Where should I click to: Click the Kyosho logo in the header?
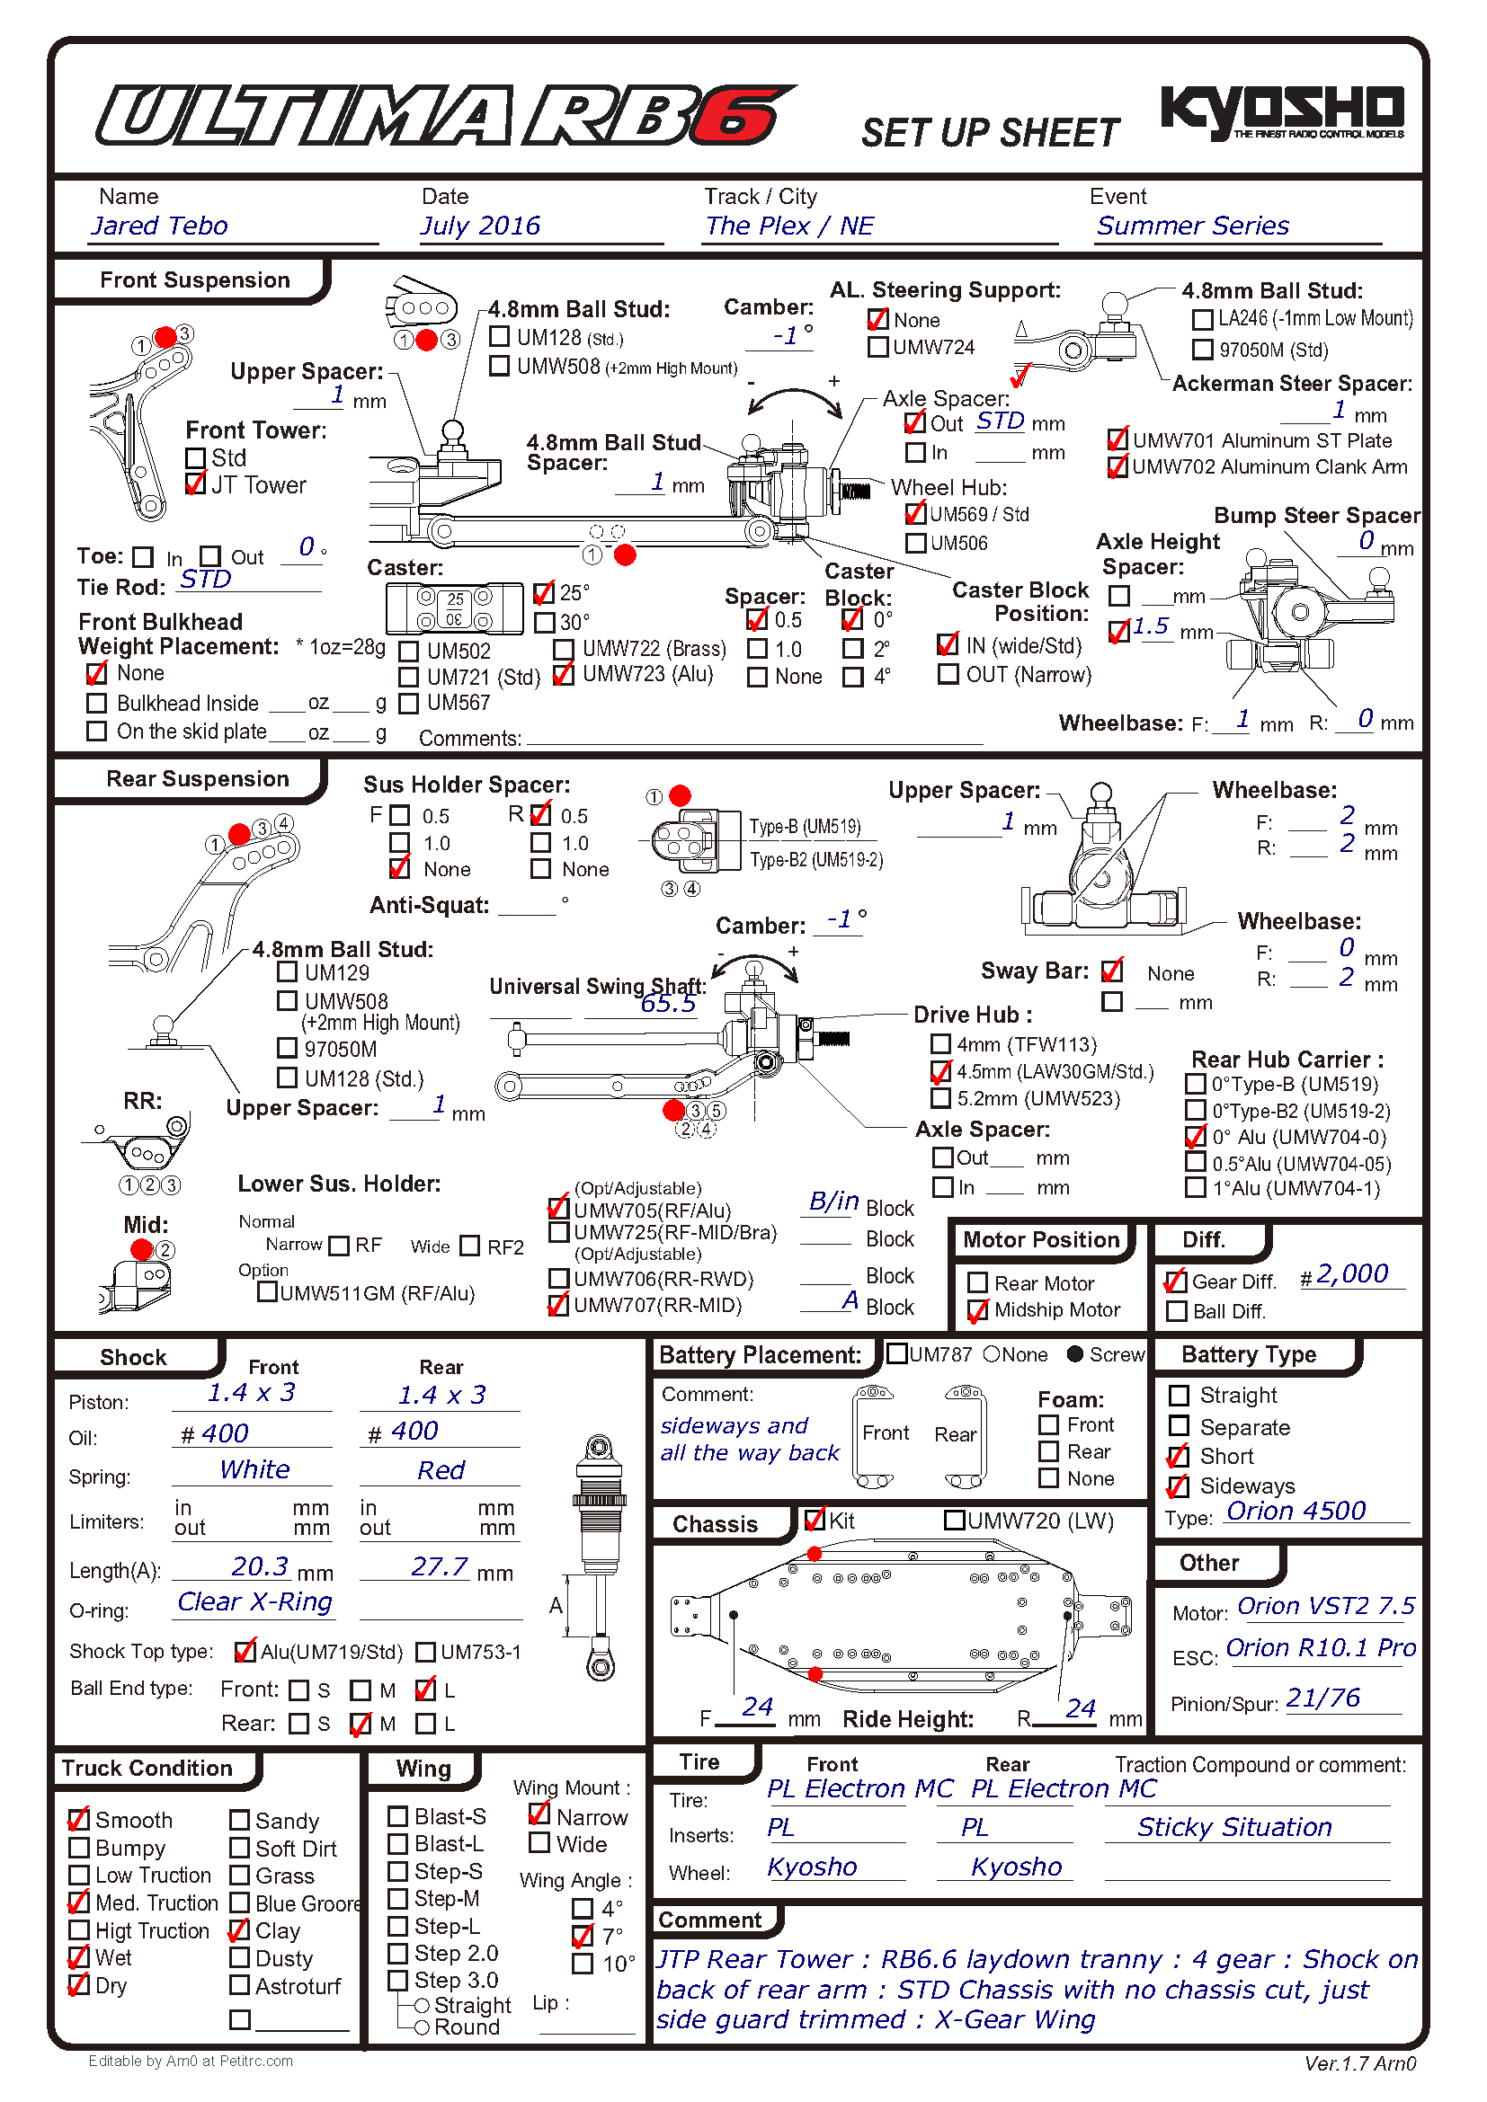[x=1282, y=111]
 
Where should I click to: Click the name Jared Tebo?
[x=160, y=226]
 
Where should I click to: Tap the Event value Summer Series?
[x=1192, y=226]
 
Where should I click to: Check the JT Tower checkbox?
[x=196, y=484]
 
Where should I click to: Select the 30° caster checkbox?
[x=545, y=623]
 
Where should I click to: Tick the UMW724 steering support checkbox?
[x=878, y=347]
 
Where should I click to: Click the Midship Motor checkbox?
[x=978, y=1311]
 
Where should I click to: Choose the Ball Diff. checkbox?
[x=1178, y=1312]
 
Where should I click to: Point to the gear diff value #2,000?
[x=1352, y=1274]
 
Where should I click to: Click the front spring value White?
[x=254, y=1470]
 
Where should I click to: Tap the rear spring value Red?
[x=441, y=1471]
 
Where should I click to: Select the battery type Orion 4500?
[x=1296, y=1512]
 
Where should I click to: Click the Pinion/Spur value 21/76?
[x=1323, y=1698]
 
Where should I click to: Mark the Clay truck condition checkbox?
[x=240, y=1930]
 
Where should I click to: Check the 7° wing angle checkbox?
[x=583, y=1937]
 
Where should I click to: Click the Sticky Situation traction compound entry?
[x=1234, y=1827]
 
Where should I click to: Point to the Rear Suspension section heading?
[x=197, y=779]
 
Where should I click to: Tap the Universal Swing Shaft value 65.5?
[x=667, y=1005]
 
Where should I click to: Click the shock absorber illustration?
[x=599, y=1557]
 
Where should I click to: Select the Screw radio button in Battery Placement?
[x=1076, y=1354]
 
